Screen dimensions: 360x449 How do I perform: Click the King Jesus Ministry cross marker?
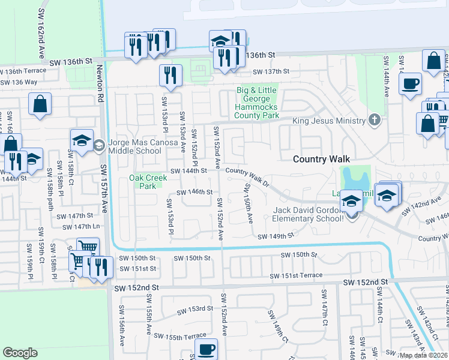coord(375,121)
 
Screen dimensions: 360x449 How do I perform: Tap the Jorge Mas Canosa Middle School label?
coord(139,149)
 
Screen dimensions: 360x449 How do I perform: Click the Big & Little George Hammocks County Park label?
coord(258,103)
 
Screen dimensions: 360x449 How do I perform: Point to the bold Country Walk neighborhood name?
coord(316,159)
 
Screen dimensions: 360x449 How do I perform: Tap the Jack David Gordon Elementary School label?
coord(310,214)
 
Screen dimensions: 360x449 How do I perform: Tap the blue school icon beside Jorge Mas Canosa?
coord(82,142)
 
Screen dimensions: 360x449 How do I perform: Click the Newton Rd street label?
coord(99,82)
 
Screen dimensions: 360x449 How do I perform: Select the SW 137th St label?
coord(271,71)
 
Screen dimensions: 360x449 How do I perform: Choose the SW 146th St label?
coord(194,193)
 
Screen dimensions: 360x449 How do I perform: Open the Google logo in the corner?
coord(20,353)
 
